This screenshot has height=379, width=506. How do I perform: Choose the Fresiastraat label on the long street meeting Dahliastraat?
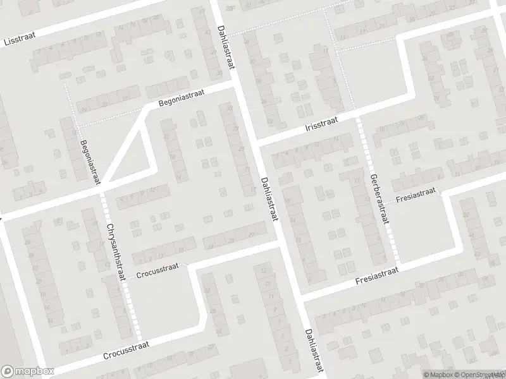click(x=376, y=274)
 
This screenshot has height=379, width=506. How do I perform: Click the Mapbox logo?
click(x=27, y=372)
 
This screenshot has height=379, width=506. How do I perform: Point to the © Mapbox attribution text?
click(x=438, y=374)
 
